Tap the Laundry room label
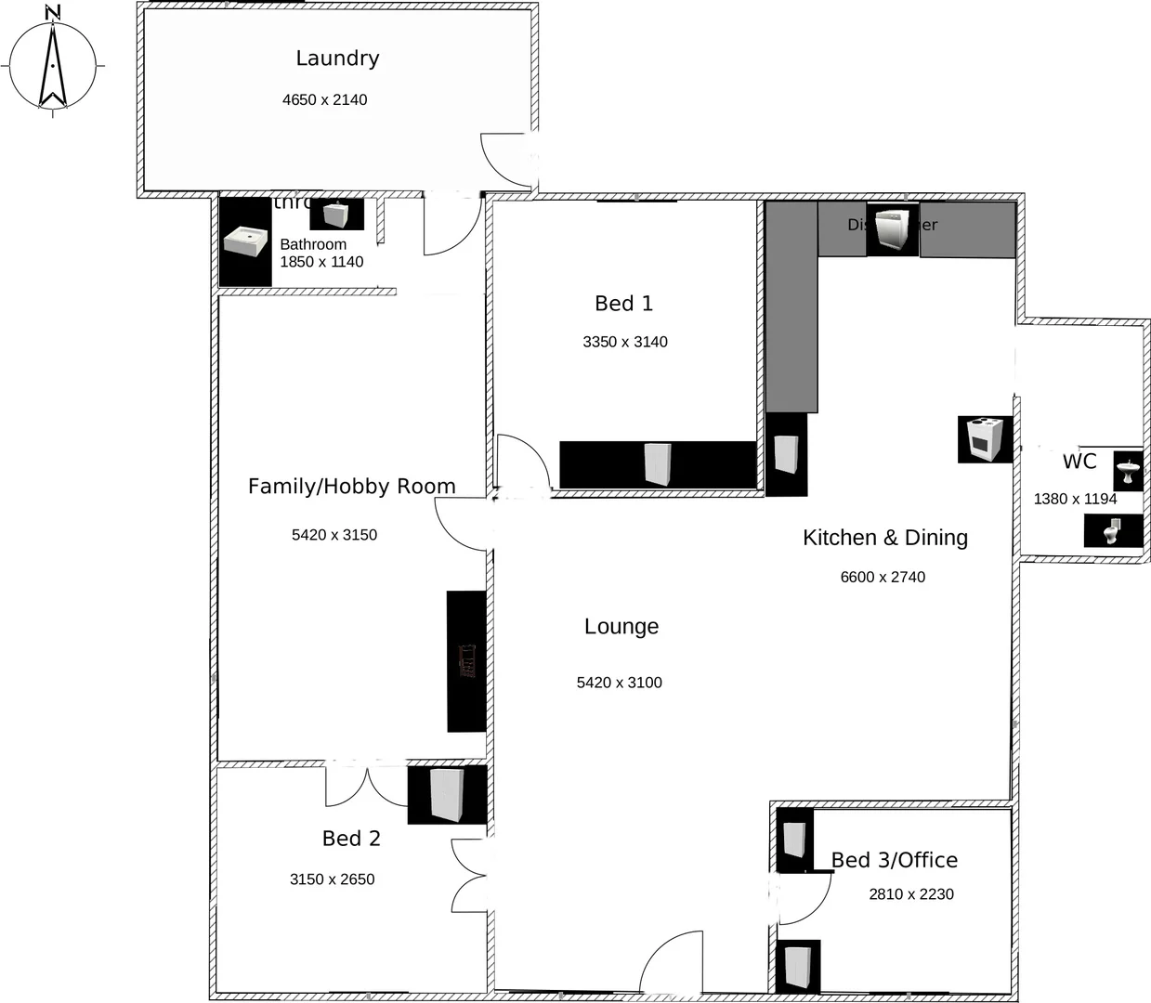click(x=337, y=59)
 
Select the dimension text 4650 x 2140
click(x=324, y=99)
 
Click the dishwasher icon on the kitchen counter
click(x=892, y=231)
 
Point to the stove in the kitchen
click(x=984, y=439)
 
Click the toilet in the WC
click(x=1112, y=530)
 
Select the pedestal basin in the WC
click(x=1128, y=471)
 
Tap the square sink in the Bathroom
click(x=246, y=242)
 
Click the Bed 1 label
click(x=623, y=304)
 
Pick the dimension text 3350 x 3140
click(x=624, y=342)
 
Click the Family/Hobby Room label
click(x=351, y=487)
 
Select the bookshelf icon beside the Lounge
click(x=467, y=661)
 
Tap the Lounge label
click(x=621, y=627)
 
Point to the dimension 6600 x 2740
click(x=882, y=577)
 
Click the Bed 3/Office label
click(x=894, y=860)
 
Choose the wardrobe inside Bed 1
click(x=658, y=463)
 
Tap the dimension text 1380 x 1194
click(x=1075, y=499)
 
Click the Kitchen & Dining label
click(x=884, y=538)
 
